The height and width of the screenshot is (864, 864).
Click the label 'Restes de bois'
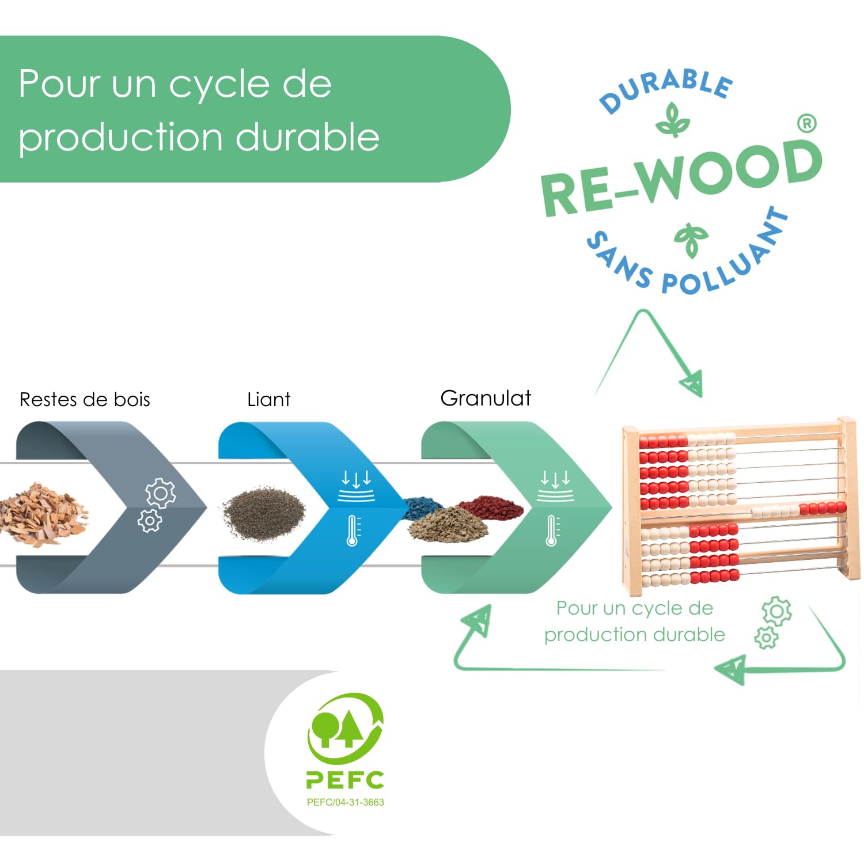pyautogui.click(x=85, y=399)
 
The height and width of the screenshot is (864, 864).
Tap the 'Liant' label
pyautogui.click(x=268, y=399)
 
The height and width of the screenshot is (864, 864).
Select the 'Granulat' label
pyautogui.click(x=486, y=398)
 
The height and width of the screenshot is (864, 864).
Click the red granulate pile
pyautogui.click(x=491, y=507)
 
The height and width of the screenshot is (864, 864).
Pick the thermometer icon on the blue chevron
pyautogui.click(x=353, y=530)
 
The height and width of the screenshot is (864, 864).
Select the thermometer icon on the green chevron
pyautogui.click(x=552, y=530)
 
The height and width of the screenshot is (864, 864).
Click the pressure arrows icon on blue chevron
pyautogui.click(x=356, y=486)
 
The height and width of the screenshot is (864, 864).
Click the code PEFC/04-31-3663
pyautogui.click(x=345, y=802)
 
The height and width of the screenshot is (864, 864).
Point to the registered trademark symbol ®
pyautogui.click(x=807, y=123)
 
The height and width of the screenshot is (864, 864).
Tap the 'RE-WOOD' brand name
pyautogui.click(x=681, y=177)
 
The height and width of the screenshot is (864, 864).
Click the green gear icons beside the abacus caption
pyautogui.click(x=773, y=623)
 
